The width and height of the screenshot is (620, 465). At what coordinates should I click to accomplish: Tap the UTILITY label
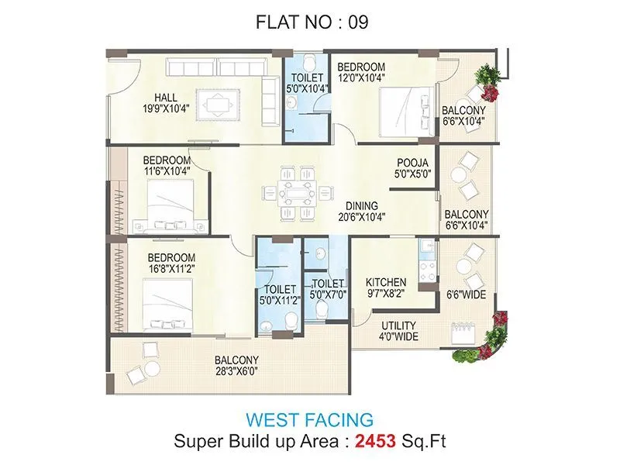click(x=398, y=325)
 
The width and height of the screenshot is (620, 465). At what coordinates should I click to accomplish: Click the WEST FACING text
click(x=309, y=420)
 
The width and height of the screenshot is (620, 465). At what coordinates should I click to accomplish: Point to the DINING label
click(x=361, y=206)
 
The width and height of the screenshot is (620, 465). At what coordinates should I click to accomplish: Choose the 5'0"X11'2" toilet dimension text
click(x=276, y=301)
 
